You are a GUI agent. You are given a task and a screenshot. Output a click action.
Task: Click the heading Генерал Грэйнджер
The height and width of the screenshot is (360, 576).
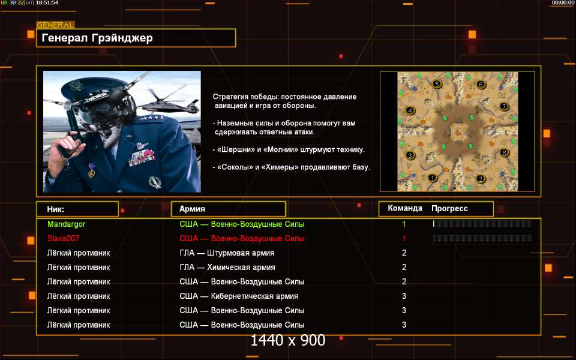(97, 38)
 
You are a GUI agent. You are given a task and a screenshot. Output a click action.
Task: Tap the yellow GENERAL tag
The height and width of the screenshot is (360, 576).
(55, 25)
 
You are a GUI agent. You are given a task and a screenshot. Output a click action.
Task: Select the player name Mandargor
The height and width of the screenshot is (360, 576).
(67, 224)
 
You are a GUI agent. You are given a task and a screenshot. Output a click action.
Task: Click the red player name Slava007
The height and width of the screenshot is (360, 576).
(63, 238)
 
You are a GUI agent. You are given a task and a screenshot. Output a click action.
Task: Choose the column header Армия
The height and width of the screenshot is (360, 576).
(192, 209)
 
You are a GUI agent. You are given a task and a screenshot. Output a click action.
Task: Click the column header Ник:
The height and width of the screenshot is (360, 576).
(55, 209)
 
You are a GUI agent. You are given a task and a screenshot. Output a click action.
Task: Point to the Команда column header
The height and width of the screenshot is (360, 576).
(405, 208)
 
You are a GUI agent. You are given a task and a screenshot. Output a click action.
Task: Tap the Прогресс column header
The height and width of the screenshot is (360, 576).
(449, 209)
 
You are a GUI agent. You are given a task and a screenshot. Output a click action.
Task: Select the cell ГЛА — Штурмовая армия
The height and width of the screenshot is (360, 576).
(227, 253)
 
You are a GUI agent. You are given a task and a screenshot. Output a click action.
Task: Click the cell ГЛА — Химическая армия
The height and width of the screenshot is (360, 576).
(227, 268)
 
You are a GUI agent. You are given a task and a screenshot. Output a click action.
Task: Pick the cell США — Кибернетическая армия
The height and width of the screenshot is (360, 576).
(239, 296)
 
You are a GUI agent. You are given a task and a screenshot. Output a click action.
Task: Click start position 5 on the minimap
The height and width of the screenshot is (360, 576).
(437, 84)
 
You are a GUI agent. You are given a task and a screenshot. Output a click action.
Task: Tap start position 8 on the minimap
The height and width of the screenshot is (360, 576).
(504, 152)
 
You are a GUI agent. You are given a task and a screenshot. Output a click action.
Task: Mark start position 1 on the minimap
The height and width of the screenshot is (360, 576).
(433, 178)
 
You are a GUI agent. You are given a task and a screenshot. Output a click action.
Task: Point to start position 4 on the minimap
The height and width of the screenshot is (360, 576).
(410, 110)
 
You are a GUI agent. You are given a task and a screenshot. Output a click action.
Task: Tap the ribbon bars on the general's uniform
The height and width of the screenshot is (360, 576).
(142, 158)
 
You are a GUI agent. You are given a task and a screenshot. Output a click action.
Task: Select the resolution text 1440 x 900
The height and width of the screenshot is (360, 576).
(288, 341)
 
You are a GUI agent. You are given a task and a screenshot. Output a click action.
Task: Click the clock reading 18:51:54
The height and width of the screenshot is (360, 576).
(47, 2)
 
